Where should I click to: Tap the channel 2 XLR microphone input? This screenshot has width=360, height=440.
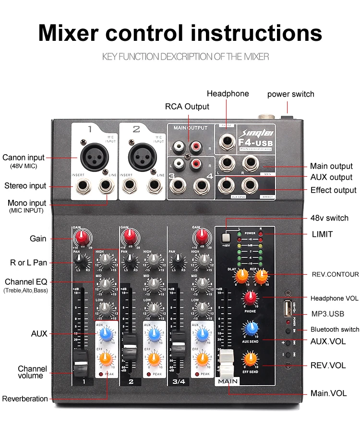(143, 154)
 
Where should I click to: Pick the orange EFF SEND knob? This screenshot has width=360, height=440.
(250, 359)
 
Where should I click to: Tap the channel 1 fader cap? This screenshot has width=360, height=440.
(81, 363)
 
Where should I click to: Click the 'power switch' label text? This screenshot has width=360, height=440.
(290, 94)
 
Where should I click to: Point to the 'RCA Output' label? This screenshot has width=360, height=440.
(187, 106)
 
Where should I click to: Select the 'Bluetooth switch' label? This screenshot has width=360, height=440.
(335, 330)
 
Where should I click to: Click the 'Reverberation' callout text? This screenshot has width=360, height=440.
(25, 399)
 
